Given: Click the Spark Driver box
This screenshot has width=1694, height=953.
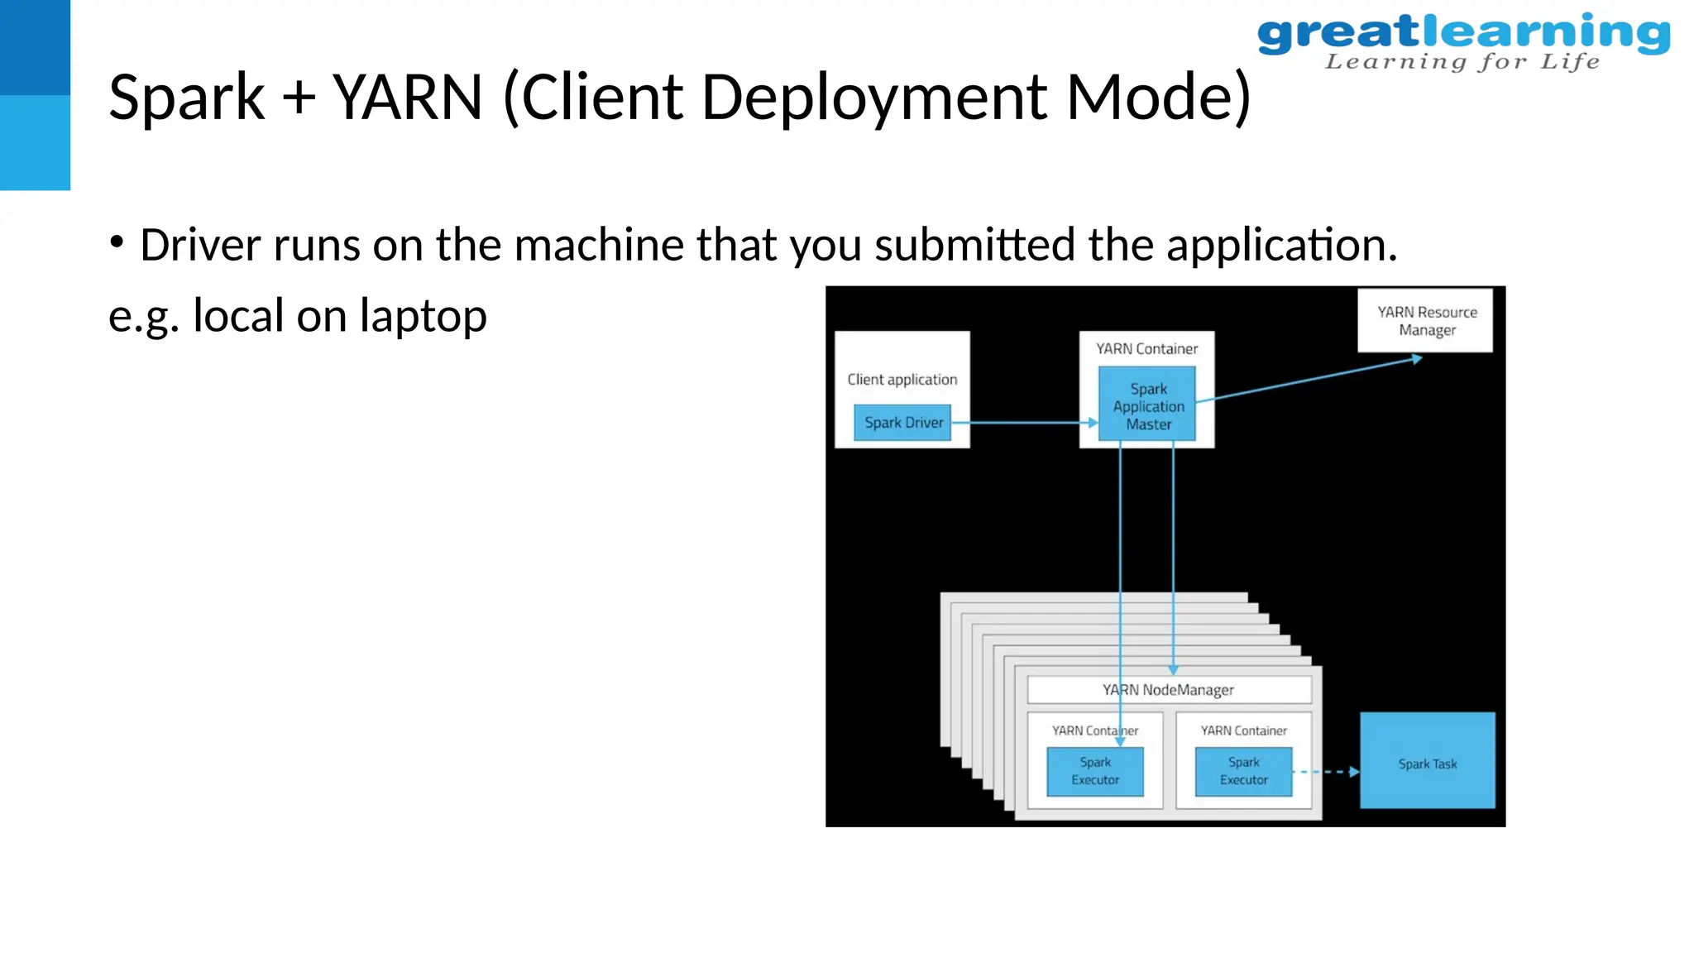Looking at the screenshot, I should [902, 423].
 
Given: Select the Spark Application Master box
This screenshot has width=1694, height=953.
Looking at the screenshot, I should [1147, 405].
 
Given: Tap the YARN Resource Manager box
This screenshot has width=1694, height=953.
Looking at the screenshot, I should [1425, 321].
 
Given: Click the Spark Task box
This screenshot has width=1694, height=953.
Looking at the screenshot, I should [1427, 761].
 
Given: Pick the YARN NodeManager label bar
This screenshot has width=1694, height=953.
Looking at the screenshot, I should [1168, 690].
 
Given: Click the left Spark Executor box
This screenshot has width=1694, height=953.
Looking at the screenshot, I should [1094, 772].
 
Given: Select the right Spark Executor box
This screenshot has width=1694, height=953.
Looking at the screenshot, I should [1243, 772].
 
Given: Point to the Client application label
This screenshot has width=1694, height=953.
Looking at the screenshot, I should [902, 380].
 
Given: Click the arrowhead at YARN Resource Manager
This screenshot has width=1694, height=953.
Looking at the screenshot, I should [1416, 359].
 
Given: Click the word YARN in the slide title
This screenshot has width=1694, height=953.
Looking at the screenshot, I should [407, 98].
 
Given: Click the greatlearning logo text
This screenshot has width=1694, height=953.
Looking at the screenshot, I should [1462, 33].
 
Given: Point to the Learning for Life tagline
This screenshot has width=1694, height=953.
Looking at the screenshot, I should [1462, 62].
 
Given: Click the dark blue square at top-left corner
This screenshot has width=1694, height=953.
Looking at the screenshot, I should [35, 46].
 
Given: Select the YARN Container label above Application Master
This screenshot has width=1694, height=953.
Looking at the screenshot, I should [1146, 349].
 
